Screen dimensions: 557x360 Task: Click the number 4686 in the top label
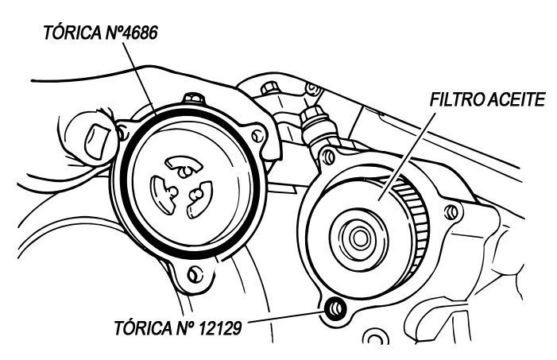139,33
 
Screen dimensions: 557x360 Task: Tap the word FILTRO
457,100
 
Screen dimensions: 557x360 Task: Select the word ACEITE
516,100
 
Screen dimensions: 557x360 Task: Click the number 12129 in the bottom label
219,327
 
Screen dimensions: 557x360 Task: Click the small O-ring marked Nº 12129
335,308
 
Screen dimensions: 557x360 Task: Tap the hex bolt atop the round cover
194,98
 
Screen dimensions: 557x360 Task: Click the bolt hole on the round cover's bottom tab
195,273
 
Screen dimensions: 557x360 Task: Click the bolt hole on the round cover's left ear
123,134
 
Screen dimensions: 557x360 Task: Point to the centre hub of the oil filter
359,238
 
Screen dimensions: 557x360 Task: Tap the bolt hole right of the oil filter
452,212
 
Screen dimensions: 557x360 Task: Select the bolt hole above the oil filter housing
328,157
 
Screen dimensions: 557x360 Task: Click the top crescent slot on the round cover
184,165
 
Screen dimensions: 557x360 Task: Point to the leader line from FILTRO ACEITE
407,157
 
